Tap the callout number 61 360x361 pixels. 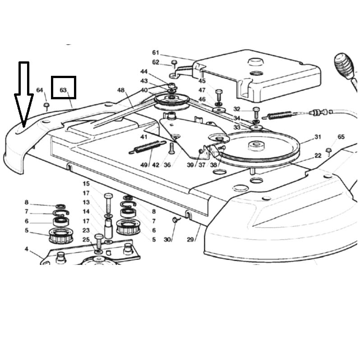(156, 52)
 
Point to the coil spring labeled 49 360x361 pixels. (147, 146)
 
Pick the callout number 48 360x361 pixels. (120, 90)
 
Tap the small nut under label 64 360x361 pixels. (46, 106)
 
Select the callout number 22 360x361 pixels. (318, 155)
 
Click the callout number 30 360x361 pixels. (167, 239)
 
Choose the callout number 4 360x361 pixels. (26, 249)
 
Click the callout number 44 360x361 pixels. (144, 72)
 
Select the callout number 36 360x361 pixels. (167, 165)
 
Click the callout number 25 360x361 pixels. (86, 239)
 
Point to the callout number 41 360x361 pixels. (144, 137)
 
